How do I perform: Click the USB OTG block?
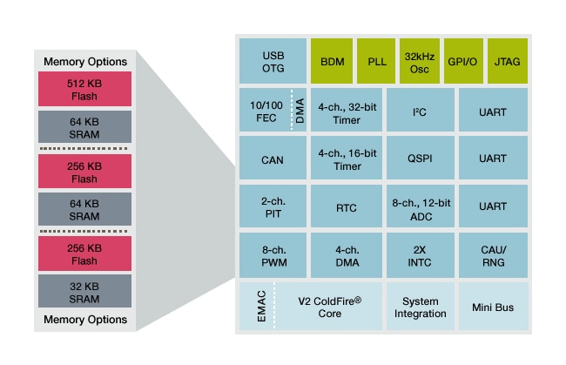(273, 62)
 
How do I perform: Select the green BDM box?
(331, 62)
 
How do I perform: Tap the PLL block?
(376, 62)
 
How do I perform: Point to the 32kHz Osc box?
(420, 62)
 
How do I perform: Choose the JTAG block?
(507, 62)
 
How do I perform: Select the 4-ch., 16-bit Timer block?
(346, 159)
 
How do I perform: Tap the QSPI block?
(420, 159)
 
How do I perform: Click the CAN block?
(273, 159)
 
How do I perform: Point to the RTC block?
(346, 208)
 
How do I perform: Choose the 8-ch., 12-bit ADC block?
(420, 208)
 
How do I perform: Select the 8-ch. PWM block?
(273, 256)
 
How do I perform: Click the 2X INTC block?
(420, 256)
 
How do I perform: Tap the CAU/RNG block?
(493, 256)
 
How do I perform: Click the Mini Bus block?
(493, 307)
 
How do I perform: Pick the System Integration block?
(420, 307)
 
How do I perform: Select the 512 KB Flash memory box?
(84, 89)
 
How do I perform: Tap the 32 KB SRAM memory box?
(84, 291)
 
